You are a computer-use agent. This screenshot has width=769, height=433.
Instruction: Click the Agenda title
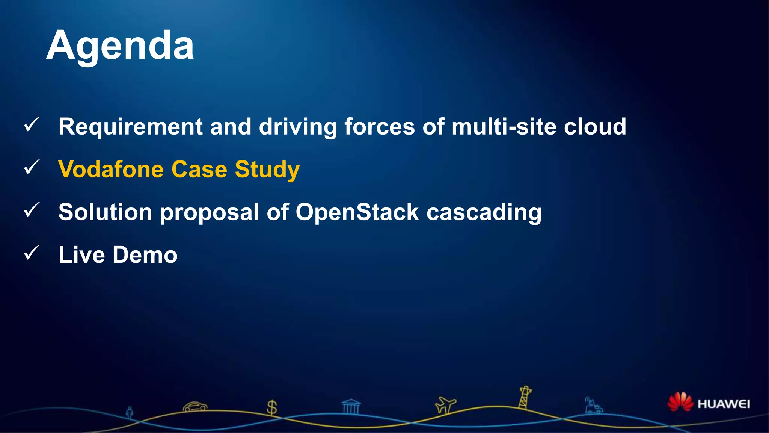click(120, 46)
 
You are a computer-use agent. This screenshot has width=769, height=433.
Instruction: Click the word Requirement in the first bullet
click(130, 127)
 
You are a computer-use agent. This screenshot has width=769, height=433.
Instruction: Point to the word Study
click(267, 170)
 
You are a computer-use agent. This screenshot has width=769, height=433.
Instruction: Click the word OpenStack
click(357, 212)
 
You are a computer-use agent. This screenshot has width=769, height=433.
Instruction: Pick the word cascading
click(484, 213)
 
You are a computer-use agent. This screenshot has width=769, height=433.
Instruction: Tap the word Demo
click(145, 255)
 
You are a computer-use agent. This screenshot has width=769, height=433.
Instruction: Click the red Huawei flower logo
click(680, 402)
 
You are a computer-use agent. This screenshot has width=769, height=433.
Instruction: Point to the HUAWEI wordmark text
click(724, 404)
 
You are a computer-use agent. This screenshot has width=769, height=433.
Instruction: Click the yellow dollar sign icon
click(271, 407)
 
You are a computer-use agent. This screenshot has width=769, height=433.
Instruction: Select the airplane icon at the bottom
click(445, 405)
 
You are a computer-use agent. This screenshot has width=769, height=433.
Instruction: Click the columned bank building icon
click(351, 407)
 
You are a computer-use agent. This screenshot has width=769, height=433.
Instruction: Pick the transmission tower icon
click(525, 398)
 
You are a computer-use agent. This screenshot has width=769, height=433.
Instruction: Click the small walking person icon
click(130, 413)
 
